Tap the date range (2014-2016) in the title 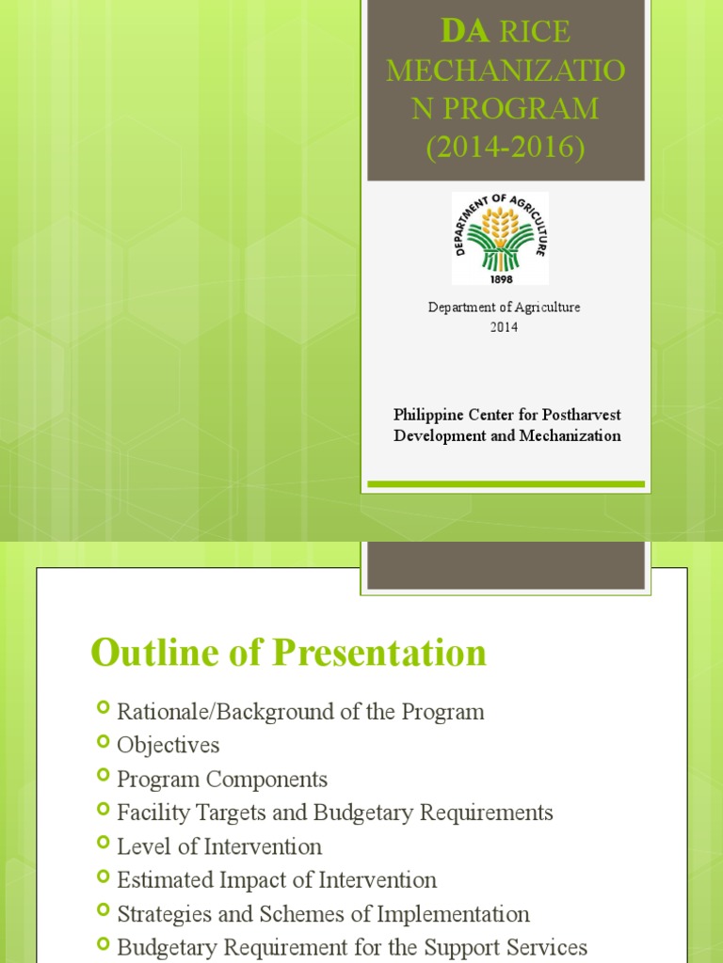[x=505, y=147]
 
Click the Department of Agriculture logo [x=500, y=238]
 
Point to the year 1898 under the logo [x=500, y=278]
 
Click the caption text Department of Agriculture [x=505, y=308]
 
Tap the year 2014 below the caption [x=504, y=327]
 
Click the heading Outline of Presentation [x=288, y=653]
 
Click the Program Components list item [x=222, y=780]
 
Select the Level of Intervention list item [x=219, y=846]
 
